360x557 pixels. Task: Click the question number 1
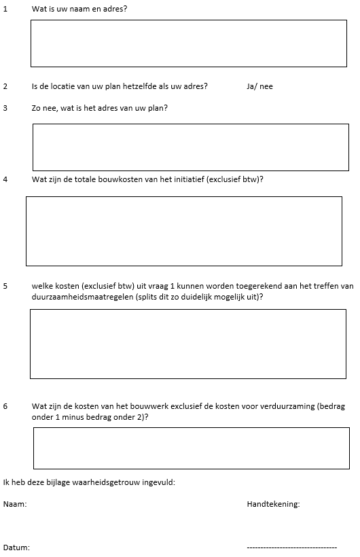click(5, 10)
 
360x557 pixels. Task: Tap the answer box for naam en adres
click(188, 43)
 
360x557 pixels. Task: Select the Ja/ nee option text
click(259, 87)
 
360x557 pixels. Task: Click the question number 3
click(5, 108)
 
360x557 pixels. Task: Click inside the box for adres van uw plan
click(190, 147)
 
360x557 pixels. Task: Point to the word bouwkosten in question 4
click(128, 179)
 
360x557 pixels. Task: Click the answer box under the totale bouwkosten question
click(183, 231)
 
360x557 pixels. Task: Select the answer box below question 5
click(187, 344)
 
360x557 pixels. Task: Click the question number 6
click(5, 406)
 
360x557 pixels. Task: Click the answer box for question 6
click(191, 448)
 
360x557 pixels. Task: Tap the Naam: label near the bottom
click(15, 504)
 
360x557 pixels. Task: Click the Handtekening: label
click(273, 504)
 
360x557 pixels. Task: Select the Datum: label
click(17, 547)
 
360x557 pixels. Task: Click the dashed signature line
click(291, 547)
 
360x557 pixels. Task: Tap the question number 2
click(5, 87)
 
